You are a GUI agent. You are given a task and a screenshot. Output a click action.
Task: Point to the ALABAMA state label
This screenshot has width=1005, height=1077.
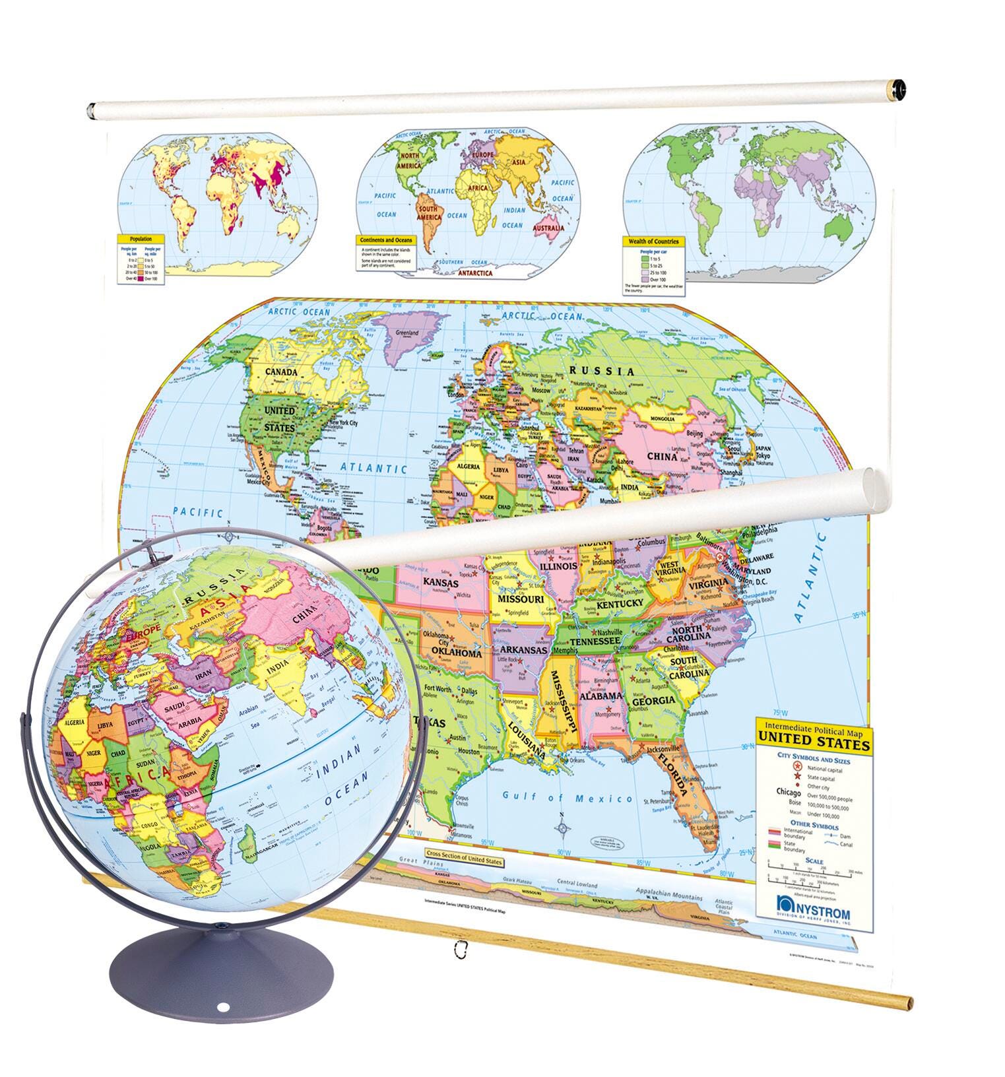(x=601, y=696)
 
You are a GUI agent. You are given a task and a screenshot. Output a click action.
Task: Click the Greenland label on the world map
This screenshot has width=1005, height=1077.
(x=406, y=333)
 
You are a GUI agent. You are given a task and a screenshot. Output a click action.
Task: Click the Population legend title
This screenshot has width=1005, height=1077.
(x=141, y=239)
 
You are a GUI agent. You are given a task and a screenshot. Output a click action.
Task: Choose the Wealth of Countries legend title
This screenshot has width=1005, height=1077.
(x=653, y=242)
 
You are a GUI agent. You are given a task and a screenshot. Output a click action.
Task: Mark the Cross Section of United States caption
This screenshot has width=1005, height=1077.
(x=465, y=862)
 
